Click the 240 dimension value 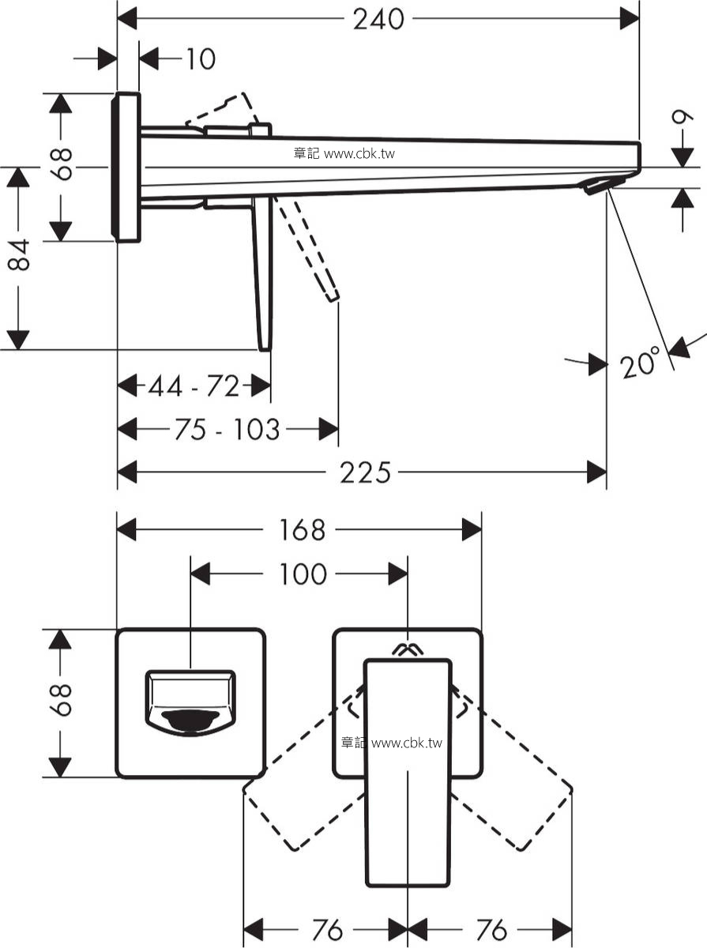[x=378, y=20]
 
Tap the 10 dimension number [x=201, y=58]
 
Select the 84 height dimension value [x=19, y=255]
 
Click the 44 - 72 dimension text [x=193, y=386]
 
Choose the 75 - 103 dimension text [x=228, y=429]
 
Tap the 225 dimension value [x=365, y=472]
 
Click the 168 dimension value [x=302, y=530]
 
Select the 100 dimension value [x=303, y=574]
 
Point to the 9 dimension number [x=683, y=118]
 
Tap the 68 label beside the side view [x=62, y=164]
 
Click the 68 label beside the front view [x=61, y=700]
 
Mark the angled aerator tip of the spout [x=597, y=186]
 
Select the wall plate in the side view [x=126, y=167]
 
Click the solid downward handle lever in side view [x=263, y=274]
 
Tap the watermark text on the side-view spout [x=344, y=153]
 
